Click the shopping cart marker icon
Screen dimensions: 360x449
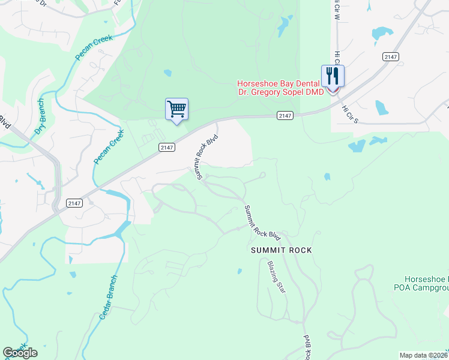176,109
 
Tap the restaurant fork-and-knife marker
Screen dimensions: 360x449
333,76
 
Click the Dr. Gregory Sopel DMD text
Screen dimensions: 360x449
280,92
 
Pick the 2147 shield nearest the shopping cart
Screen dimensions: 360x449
167,146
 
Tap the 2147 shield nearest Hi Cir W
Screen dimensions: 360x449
390,56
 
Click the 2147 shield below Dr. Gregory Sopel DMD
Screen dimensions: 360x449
285,115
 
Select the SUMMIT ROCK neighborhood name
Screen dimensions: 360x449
282,250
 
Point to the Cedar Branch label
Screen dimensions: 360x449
109,298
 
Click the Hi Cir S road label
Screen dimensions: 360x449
349,114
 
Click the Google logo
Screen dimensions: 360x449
20,353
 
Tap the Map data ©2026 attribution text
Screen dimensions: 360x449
424,355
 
